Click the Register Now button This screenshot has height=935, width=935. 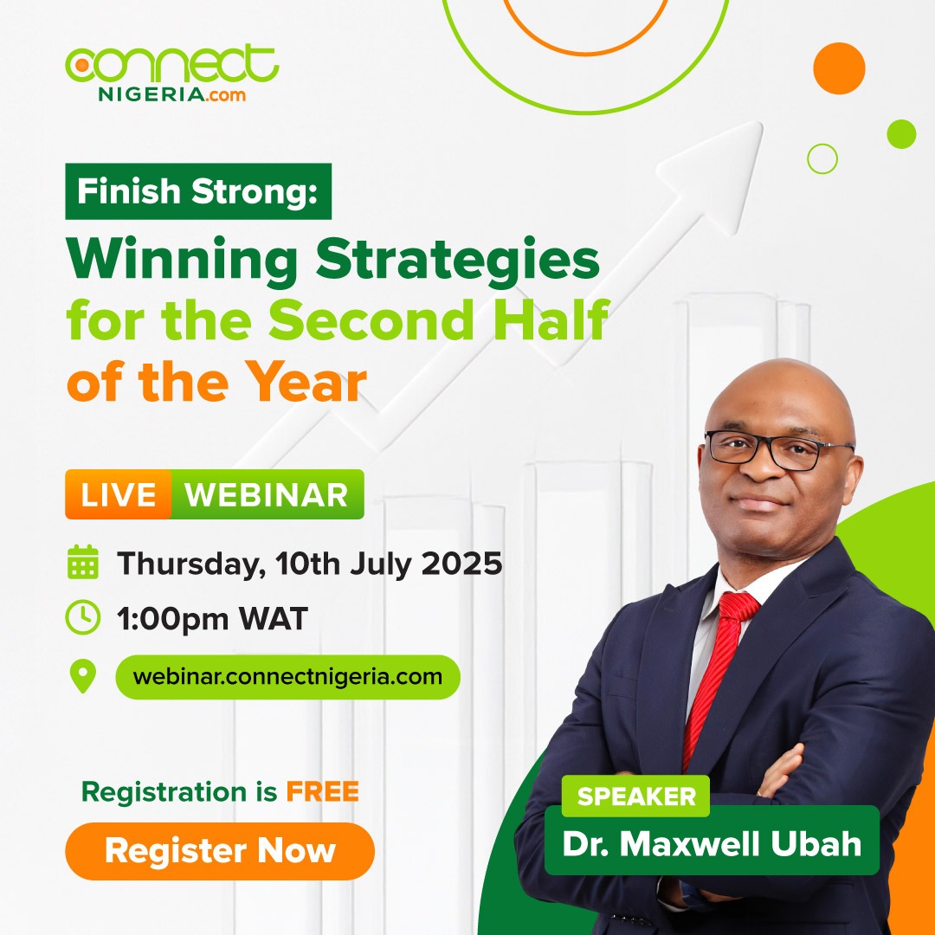(219, 851)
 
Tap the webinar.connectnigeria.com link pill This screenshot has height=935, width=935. (287, 676)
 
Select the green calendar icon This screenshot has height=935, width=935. (83, 563)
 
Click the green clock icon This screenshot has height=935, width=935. (83, 618)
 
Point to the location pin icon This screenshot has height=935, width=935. (83, 676)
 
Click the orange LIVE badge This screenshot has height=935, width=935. (119, 494)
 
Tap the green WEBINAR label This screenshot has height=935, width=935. (267, 494)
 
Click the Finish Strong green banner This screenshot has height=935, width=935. (198, 190)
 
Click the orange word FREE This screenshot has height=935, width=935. (324, 791)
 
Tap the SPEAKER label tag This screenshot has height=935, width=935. (636, 796)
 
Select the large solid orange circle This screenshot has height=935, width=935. (839, 68)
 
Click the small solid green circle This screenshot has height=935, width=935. (901, 134)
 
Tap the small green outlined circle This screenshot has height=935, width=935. (822, 158)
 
